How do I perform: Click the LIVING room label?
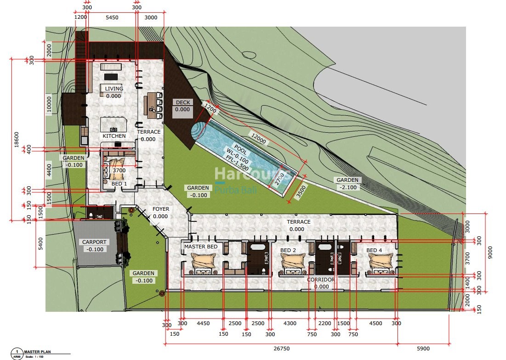[114, 89]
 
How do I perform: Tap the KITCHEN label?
[114, 136]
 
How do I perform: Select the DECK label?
[182, 102]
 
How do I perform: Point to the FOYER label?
[160, 209]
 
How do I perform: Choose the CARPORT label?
[94, 242]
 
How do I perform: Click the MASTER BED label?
[201, 247]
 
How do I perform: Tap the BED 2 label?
[288, 250]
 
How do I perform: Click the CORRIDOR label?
[321, 279]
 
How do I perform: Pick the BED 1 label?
[119, 184]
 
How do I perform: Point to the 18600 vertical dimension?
[16, 140]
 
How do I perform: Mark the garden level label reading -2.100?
[347, 187]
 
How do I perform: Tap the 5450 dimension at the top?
[112, 17]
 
